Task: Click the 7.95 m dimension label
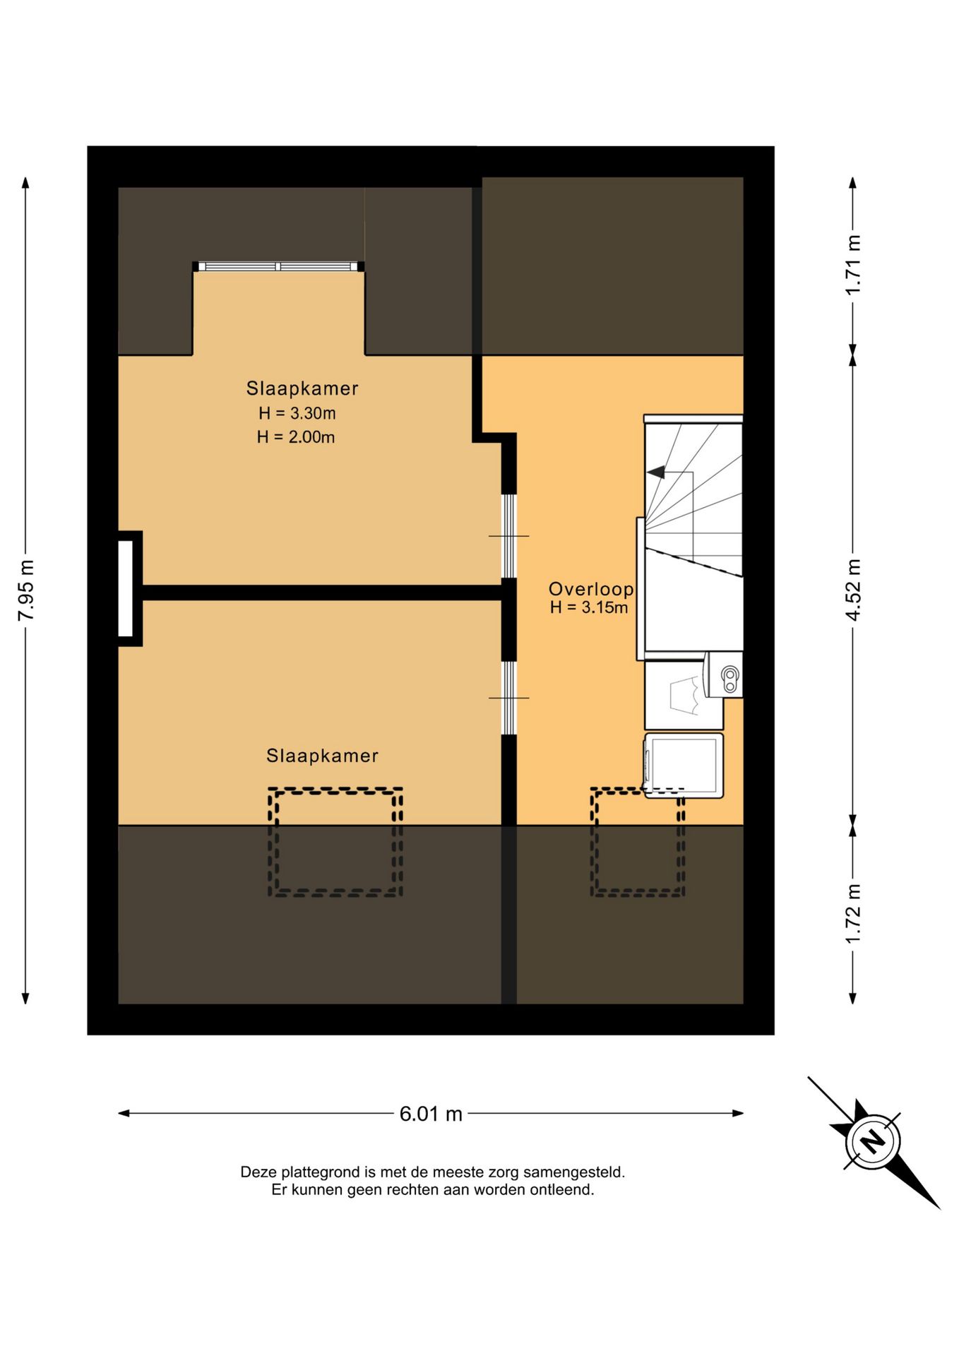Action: tap(26, 590)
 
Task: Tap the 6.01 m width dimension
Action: tap(431, 1114)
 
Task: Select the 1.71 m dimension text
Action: tap(853, 264)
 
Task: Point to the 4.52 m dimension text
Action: tap(853, 590)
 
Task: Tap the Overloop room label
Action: tap(591, 589)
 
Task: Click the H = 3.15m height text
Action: tap(589, 607)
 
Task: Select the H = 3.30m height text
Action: tap(297, 413)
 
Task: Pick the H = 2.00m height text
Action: tap(296, 437)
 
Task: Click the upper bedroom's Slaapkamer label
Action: tap(302, 388)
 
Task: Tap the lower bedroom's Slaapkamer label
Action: tap(322, 756)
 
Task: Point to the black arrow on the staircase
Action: tap(656, 472)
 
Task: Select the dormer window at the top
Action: tap(279, 266)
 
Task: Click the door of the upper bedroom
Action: tap(509, 536)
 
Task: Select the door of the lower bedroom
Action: tap(509, 698)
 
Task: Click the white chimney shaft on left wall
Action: tap(126, 588)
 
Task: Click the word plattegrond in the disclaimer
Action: tap(321, 1172)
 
